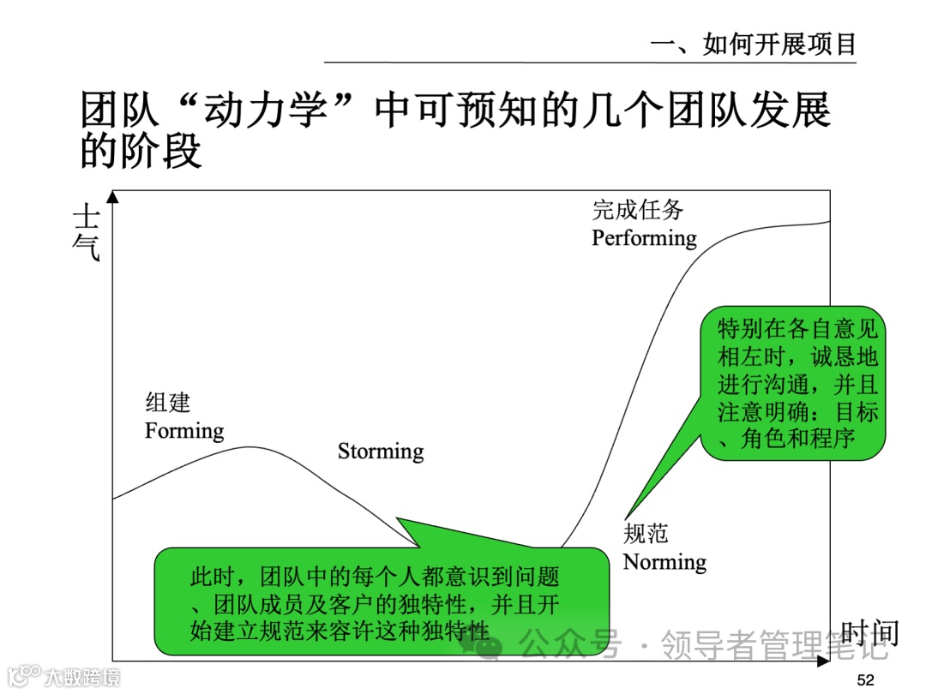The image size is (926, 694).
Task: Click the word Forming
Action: tap(184, 430)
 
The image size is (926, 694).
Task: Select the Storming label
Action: tap(381, 452)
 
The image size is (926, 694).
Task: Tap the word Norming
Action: tap(664, 562)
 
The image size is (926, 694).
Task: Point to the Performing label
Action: tap(644, 237)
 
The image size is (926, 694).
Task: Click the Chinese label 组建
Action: tap(167, 403)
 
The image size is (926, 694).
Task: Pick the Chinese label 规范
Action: tap(645, 534)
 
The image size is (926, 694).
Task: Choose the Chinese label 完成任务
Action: tap(637, 209)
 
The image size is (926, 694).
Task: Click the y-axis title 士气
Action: tap(87, 231)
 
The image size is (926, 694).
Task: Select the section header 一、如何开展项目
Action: tap(754, 44)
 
